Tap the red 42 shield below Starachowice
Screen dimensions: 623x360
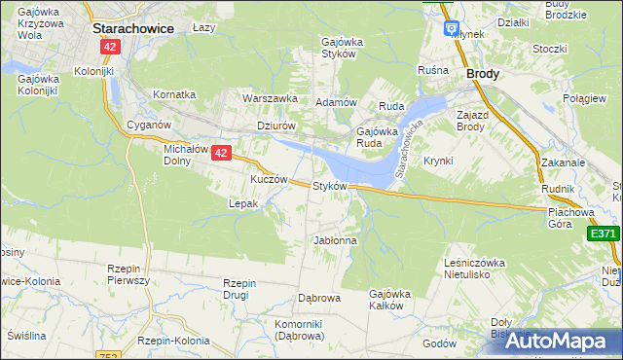click(x=112, y=47)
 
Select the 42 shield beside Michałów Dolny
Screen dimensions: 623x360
click(x=222, y=153)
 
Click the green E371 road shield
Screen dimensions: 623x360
click(x=604, y=234)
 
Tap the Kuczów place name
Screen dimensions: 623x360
click(x=269, y=180)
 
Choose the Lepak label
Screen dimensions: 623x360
click(x=242, y=203)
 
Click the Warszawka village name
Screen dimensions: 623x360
click(x=270, y=98)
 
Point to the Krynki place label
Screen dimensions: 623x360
click(x=438, y=161)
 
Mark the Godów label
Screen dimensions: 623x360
click(x=440, y=342)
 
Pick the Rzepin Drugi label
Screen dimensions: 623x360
click(x=239, y=289)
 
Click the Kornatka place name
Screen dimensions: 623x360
click(x=174, y=94)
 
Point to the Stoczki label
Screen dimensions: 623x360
click(x=550, y=49)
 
